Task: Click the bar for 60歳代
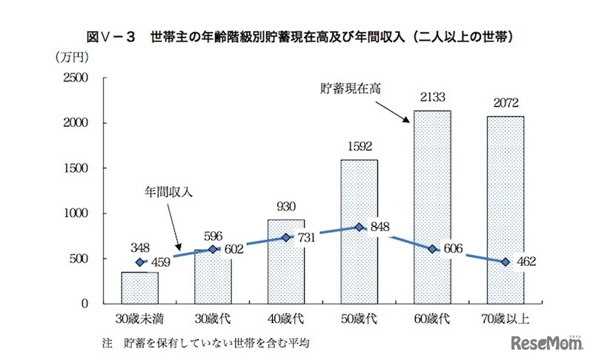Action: (x=432, y=207)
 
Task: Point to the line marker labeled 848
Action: (x=360, y=227)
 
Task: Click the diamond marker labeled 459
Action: (x=139, y=262)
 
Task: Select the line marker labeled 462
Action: (x=506, y=261)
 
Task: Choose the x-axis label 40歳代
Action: (x=286, y=319)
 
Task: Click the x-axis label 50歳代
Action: (x=360, y=319)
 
